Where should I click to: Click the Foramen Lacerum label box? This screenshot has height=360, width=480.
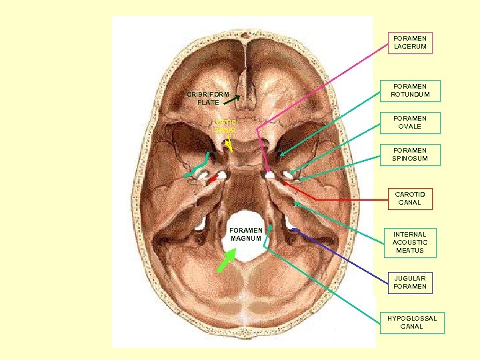click(410, 42)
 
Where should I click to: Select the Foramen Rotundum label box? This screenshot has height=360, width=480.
click(410, 90)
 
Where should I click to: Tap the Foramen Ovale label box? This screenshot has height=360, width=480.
click(410, 122)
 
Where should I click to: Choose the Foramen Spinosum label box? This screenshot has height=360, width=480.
click(410, 155)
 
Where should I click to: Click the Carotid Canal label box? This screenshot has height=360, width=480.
click(409, 198)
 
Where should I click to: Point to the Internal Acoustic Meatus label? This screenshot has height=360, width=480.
click(410, 243)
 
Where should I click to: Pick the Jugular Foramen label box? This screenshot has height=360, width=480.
click(410, 282)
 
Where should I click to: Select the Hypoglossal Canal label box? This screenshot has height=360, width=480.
click(411, 322)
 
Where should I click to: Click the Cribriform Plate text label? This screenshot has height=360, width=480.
click(207, 99)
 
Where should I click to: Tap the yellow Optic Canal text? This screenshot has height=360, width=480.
click(226, 127)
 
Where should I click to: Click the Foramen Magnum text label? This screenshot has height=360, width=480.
click(246, 234)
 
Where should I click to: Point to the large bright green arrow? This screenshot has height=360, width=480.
click(226, 259)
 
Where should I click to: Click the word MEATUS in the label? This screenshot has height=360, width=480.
click(410, 251)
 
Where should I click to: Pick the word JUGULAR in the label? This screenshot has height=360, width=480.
click(410, 278)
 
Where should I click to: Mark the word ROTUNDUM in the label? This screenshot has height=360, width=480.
click(410, 95)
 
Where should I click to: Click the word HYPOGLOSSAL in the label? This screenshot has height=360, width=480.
click(411, 318)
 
